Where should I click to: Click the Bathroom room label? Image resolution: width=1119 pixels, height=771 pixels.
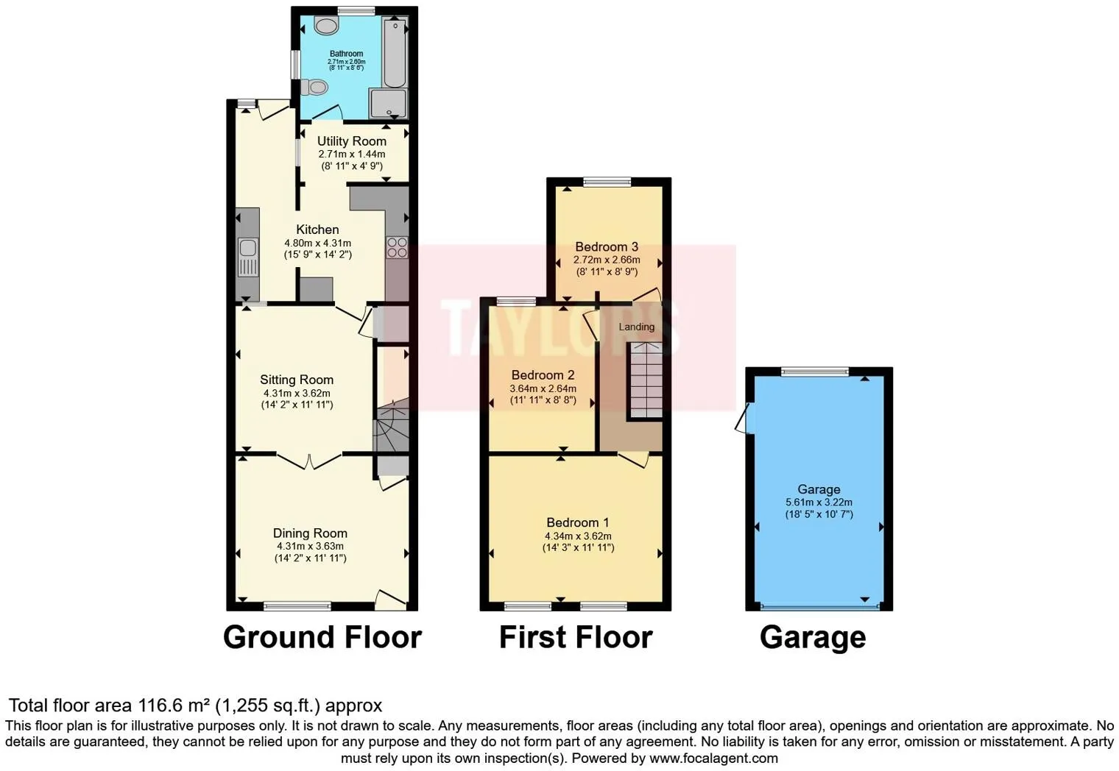[x=346, y=54]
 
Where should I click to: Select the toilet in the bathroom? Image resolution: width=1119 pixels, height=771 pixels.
[x=314, y=88]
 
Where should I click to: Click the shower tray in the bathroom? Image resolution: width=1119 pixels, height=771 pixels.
[x=389, y=104]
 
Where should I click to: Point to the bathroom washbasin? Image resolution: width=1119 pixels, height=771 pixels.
[x=325, y=26]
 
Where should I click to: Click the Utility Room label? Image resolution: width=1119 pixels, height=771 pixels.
[x=351, y=141]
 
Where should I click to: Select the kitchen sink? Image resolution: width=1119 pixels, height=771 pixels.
[x=247, y=248]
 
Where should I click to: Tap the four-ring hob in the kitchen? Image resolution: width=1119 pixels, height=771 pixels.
[x=397, y=247]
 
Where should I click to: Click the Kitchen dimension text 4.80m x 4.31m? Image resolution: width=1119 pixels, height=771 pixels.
[x=317, y=243]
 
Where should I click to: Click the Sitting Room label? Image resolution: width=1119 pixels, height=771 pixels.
[x=297, y=380]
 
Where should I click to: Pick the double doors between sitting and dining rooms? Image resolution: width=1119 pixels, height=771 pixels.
[x=310, y=461]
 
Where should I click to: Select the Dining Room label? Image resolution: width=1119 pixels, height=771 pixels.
[x=310, y=533]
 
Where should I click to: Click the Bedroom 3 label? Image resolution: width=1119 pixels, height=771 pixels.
[x=607, y=247]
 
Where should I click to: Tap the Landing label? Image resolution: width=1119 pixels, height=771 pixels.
[x=636, y=327]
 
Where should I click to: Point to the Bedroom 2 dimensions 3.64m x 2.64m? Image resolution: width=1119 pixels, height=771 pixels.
[x=543, y=388]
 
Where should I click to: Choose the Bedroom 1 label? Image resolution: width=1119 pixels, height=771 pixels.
[x=577, y=523]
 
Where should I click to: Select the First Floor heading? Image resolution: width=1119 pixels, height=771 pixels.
[x=576, y=637]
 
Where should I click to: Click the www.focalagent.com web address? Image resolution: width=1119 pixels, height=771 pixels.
[x=713, y=758]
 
